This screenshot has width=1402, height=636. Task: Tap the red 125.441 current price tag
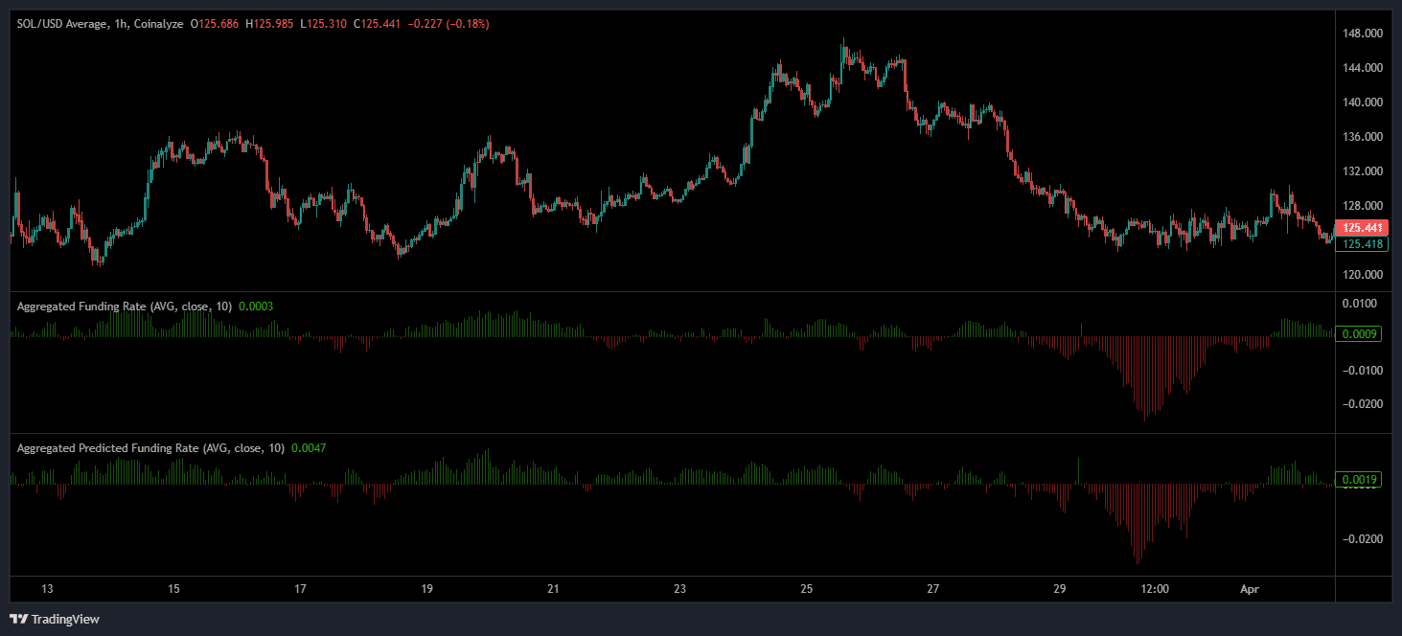coord(1362,228)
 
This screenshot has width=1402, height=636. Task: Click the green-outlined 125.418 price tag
coord(1362,244)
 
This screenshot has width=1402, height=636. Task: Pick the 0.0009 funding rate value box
coord(1361,334)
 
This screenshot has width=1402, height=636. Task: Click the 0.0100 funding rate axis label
coord(1361,304)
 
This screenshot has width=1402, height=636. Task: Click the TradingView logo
coord(55,619)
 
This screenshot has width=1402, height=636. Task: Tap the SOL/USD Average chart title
coord(62,23)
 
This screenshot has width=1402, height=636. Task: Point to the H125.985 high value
coord(270,23)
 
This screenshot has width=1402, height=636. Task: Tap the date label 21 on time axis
coord(553,589)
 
